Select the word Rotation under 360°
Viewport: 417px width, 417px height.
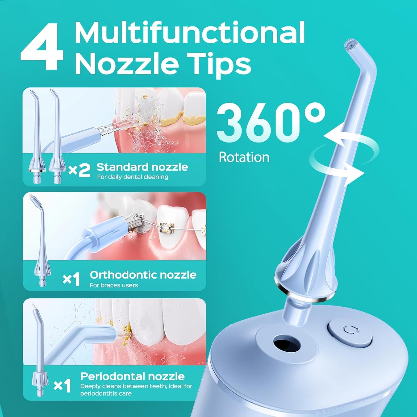pyautogui.click(x=244, y=157)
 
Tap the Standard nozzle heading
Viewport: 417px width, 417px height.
pyautogui.click(x=142, y=167)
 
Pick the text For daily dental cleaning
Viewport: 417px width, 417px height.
pyautogui.click(x=132, y=177)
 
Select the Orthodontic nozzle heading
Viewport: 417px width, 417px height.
pyautogui.click(x=143, y=275)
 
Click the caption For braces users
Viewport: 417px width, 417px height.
pyautogui.click(x=114, y=285)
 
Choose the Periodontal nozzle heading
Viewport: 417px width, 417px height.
pyautogui.click(x=132, y=376)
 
